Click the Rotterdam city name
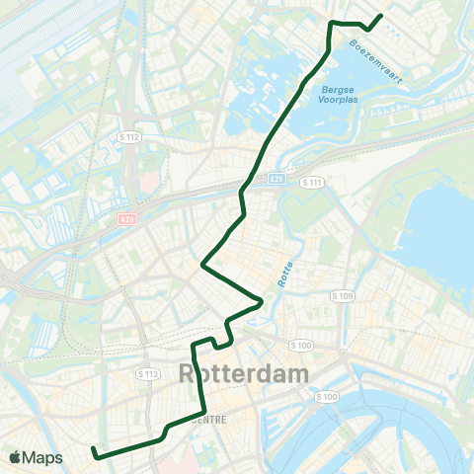pyautogui.click(x=243, y=375)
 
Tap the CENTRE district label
pyautogui.click(x=208, y=419)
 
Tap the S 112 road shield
pyautogui.click(x=128, y=136)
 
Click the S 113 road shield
pyautogui.click(x=149, y=373)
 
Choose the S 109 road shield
pyautogui.click(x=343, y=296)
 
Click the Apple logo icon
pyautogui.click(x=15, y=457)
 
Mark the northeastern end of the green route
pyautogui.click(x=381, y=15)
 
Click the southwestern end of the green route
pyautogui.click(x=94, y=450)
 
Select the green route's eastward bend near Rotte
pyautogui.click(x=262, y=301)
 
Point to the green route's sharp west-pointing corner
pyautogui.click(x=202, y=265)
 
